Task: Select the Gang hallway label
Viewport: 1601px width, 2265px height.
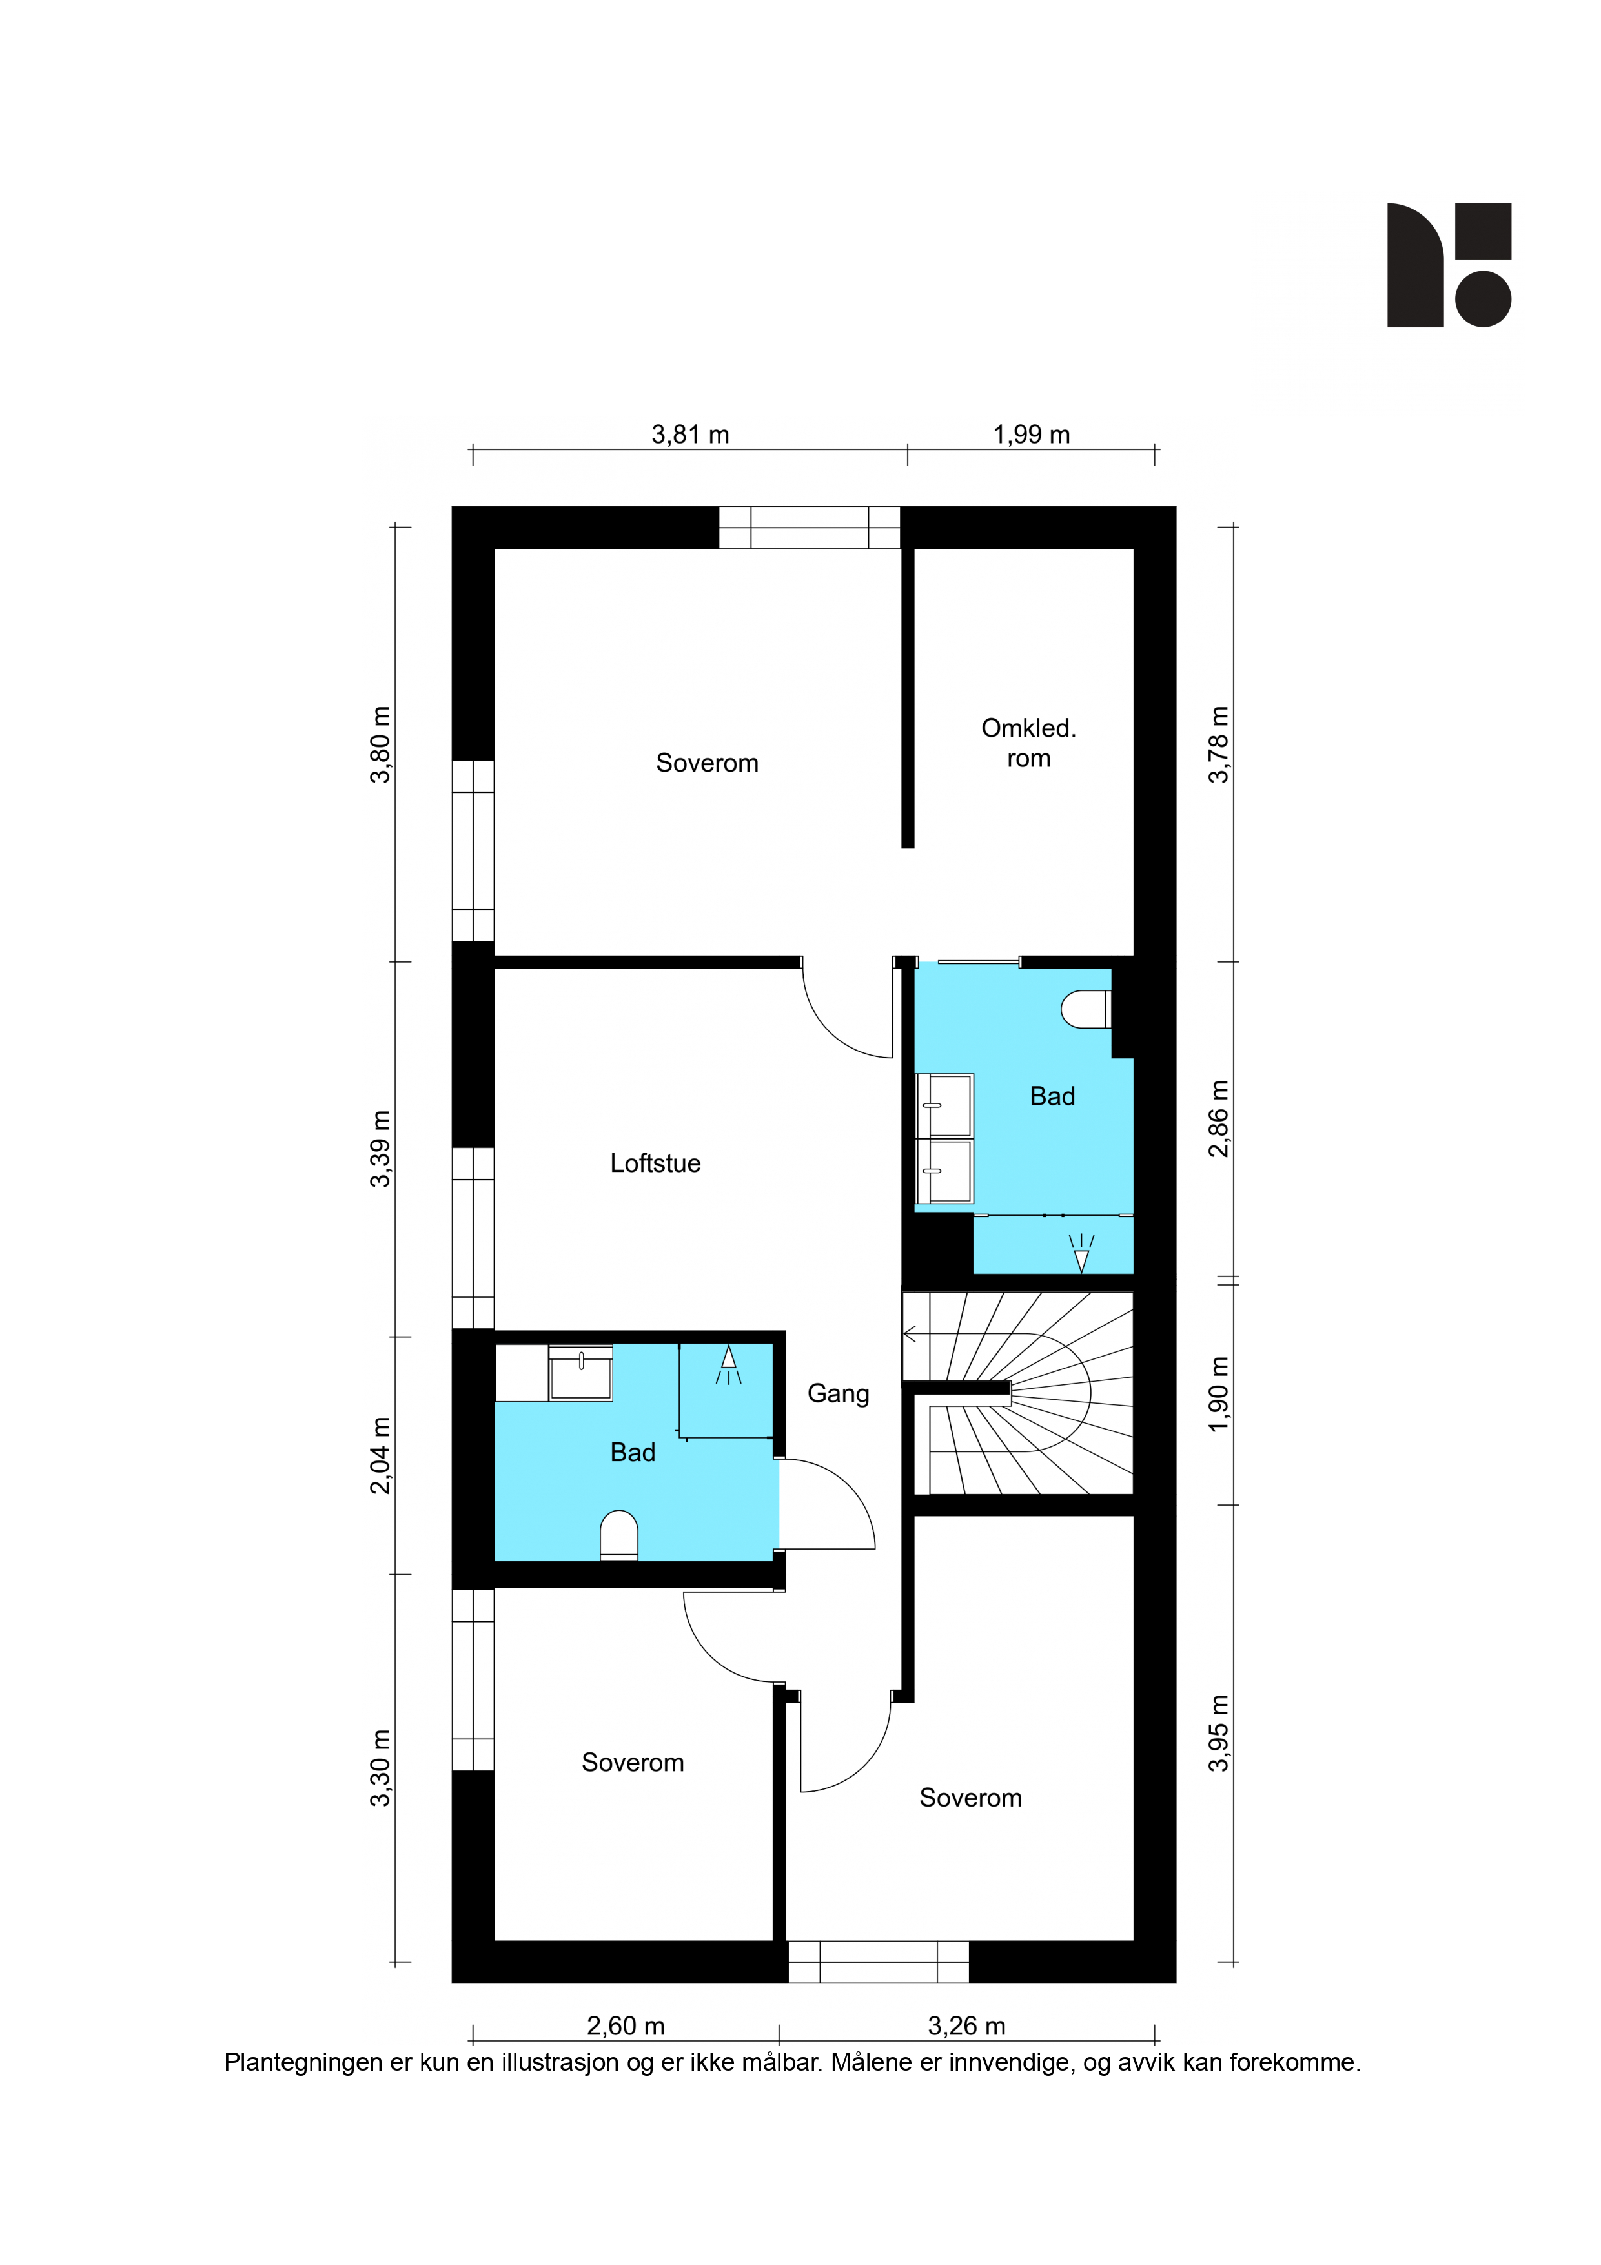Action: pos(839,1394)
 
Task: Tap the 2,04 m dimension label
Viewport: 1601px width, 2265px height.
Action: pos(381,1455)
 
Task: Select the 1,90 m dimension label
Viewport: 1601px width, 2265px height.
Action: pos(1219,1394)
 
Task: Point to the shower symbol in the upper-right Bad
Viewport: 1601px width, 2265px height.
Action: pos(1082,1253)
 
